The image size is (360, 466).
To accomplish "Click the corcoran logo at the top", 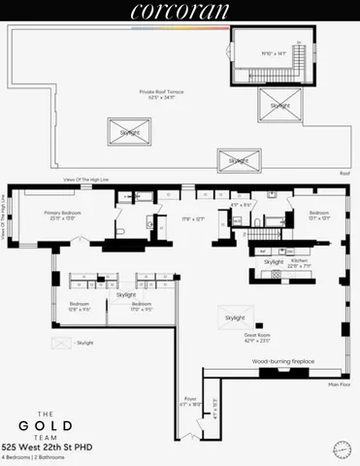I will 180,12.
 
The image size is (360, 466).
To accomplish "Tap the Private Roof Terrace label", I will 161,94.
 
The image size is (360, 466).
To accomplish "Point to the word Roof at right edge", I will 344,173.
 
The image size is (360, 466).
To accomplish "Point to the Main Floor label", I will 339,385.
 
